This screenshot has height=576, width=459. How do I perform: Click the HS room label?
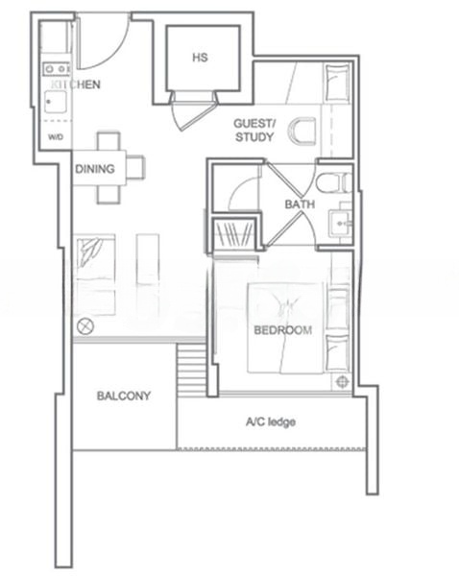(200, 59)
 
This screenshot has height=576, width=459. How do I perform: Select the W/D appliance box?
(55, 135)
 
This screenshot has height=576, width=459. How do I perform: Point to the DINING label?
(95, 170)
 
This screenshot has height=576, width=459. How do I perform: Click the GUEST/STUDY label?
(254, 132)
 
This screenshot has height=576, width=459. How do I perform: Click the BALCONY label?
(123, 396)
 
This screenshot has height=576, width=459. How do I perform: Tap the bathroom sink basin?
(340, 223)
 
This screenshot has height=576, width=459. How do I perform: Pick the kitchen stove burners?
(55, 69)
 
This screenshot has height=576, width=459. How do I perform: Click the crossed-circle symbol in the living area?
(85, 325)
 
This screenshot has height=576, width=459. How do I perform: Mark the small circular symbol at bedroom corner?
(342, 381)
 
